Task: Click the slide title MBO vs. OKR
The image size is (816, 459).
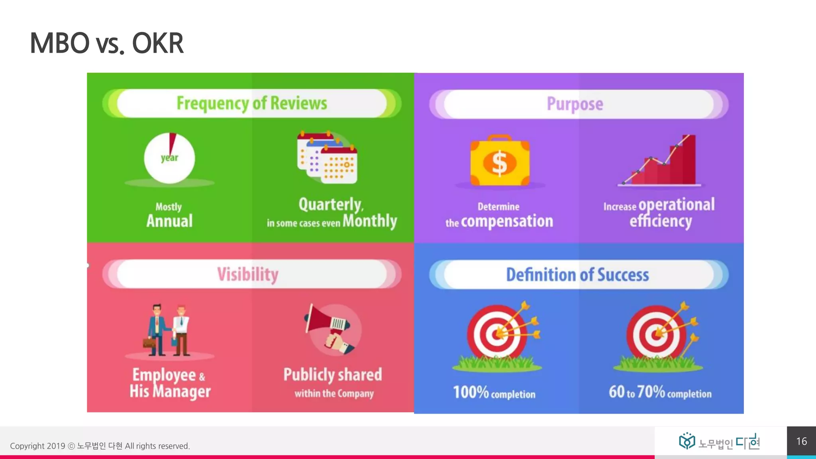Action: coord(107,43)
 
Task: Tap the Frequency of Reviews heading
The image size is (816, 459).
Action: coord(252,103)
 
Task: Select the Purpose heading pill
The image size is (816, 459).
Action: coord(575,104)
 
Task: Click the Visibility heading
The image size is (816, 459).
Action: coord(248,274)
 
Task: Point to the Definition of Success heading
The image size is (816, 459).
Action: coord(577,275)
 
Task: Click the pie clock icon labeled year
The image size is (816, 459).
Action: coord(169,158)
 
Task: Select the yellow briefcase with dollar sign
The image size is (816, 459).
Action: coord(500,161)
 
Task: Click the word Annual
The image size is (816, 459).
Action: coord(169,221)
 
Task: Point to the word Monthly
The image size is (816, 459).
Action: coord(370,221)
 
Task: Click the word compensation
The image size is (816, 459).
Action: coord(507,221)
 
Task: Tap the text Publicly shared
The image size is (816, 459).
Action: coord(332,375)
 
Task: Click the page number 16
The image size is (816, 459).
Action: coord(801,441)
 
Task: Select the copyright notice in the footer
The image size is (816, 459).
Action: coord(100,446)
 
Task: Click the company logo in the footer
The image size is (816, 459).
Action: coord(720,442)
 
